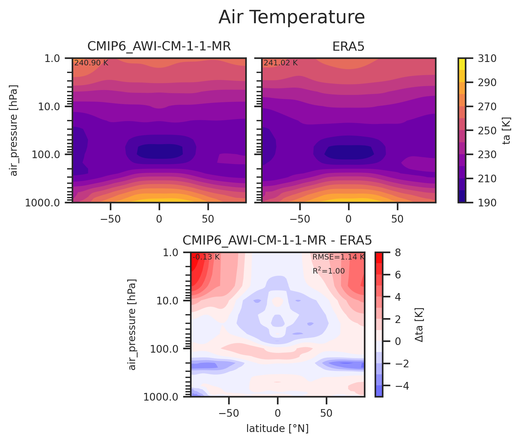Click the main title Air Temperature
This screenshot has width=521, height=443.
(292, 17)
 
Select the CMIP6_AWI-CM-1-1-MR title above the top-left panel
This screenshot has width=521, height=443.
(159, 46)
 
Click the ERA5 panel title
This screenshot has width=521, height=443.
(348, 46)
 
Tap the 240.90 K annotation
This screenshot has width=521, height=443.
(91, 63)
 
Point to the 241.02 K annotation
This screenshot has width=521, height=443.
(281, 63)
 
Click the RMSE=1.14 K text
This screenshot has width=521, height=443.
(338, 257)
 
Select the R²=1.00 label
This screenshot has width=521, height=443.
(329, 271)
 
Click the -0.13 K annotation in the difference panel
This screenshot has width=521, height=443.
(206, 257)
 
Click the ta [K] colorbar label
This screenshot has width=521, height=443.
(506, 131)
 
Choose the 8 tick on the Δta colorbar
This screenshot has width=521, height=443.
(398, 252)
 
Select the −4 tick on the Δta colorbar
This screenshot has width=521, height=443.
(402, 386)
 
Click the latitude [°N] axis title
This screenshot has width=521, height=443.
(277, 429)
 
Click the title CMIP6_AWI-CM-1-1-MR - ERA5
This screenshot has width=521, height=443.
(277, 241)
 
